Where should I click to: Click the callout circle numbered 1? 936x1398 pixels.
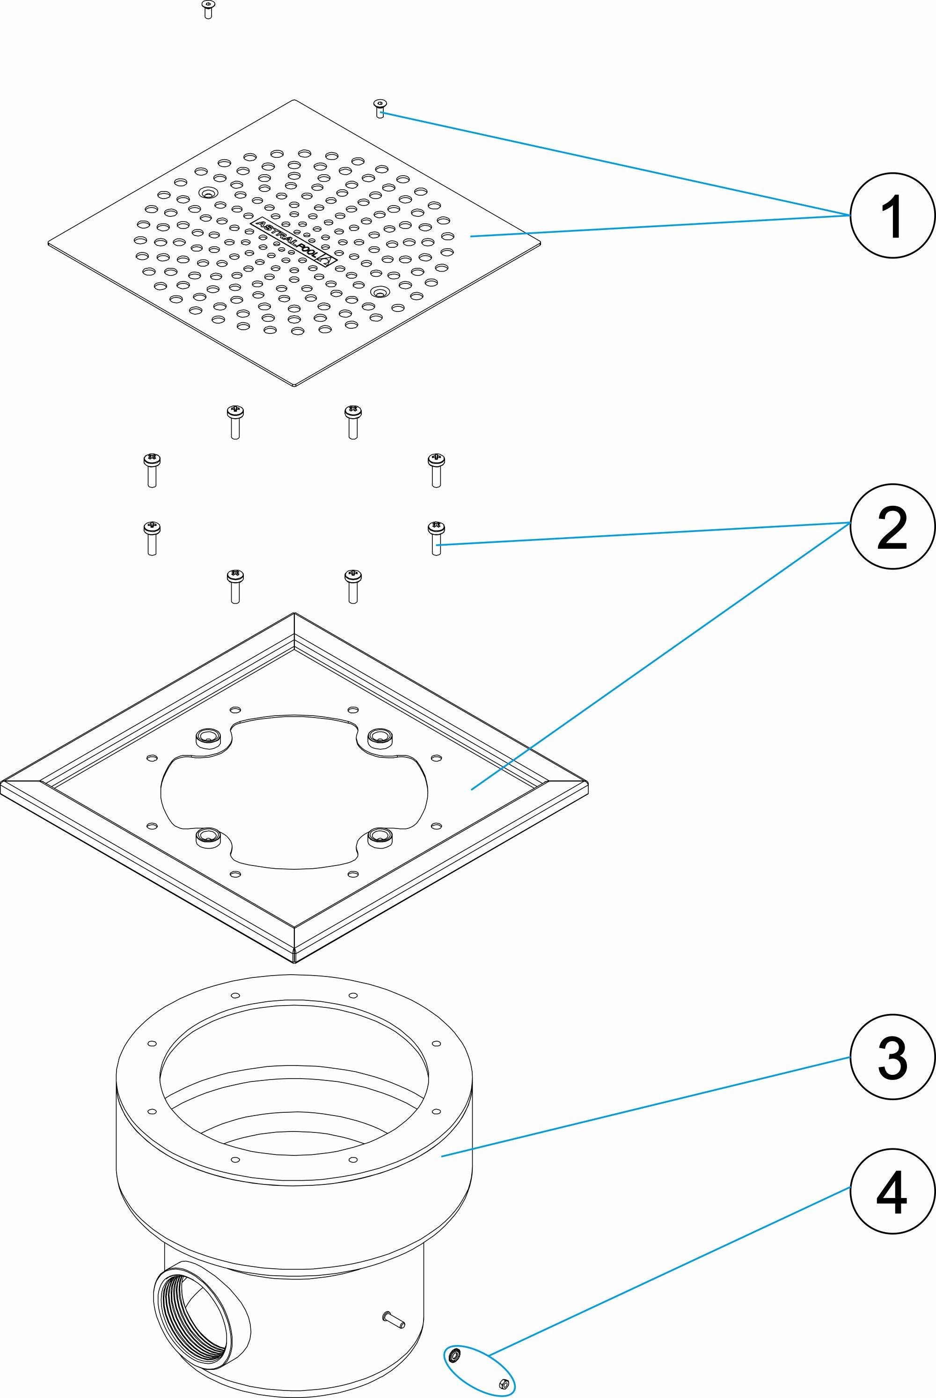coord(892,216)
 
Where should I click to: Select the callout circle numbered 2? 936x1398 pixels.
coord(892,526)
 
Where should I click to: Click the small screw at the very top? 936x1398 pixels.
coord(208,8)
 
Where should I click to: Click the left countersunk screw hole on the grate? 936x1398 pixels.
coord(208,193)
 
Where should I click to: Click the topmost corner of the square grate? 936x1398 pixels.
coord(294,100)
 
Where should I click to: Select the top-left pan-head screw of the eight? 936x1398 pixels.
coord(235,422)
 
